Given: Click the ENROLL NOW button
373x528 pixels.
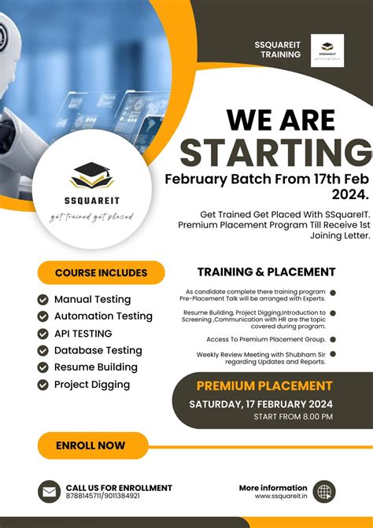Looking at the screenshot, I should click(x=90, y=445).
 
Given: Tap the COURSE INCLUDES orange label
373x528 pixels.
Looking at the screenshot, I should click(x=101, y=273).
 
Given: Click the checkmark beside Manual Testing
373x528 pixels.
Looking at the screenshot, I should click(x=43, y=299).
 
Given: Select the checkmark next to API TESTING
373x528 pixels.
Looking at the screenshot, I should click(x=43, y=334).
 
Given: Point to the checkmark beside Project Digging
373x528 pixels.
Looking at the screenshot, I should click(x=43, y=385).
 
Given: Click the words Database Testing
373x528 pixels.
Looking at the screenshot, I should click(x=98, y=350).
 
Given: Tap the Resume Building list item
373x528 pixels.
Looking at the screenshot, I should click(x=95, y=367).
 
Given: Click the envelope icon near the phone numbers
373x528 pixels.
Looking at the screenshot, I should click(x=49, y=492).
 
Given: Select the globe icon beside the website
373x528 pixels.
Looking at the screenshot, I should click(x=323, y=492).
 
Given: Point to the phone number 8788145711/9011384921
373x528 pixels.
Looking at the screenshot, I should click(x=102, y=497).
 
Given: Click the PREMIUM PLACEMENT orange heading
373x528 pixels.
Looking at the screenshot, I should click(x=264, y=386).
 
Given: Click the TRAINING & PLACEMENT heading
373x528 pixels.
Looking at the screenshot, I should click(x=266, y=272).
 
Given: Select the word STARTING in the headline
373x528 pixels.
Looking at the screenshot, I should click(x=275, y=153).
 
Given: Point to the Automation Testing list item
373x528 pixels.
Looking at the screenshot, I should click(x=103, y=316).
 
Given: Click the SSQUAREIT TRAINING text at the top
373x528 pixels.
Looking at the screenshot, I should click(x=278, y=49).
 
